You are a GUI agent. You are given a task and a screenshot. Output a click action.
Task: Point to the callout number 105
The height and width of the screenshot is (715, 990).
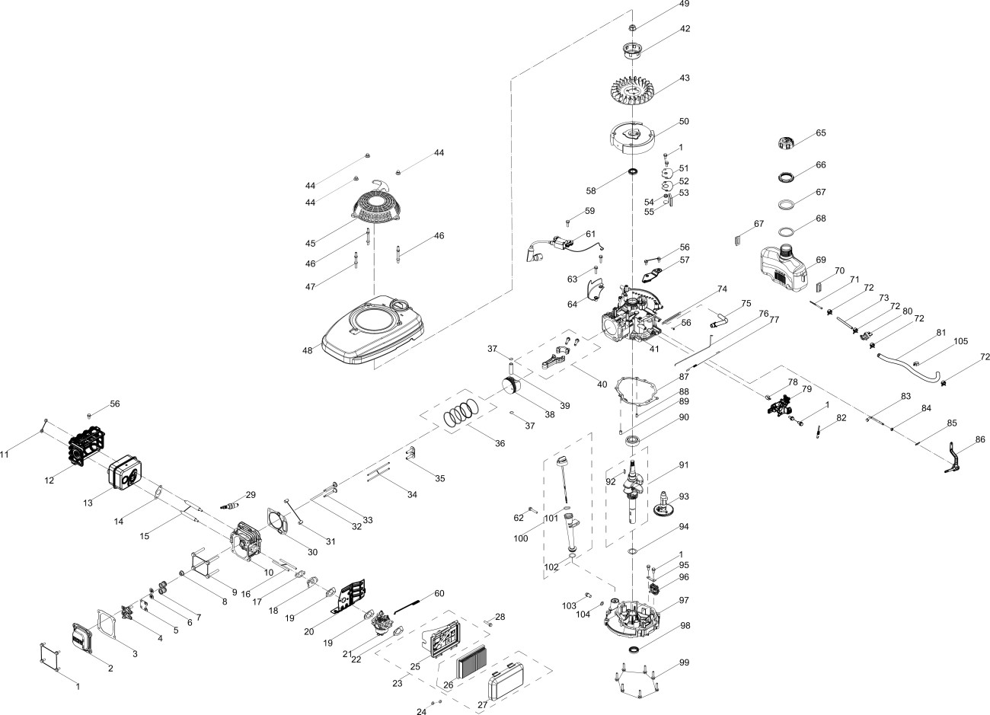[x=960, y=341]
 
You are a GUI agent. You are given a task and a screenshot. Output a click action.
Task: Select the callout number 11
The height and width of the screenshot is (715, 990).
[x=5, y=455]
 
